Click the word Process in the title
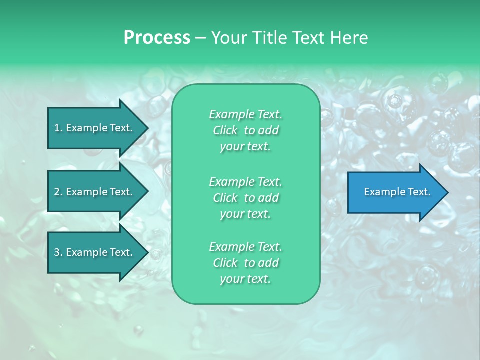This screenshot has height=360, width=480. pyautogui.click(x=157, y=38)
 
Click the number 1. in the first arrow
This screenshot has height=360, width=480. pyautogui.click(x=58, y=128)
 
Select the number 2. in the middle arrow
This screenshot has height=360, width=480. pyautogui.click(x=58, y=192)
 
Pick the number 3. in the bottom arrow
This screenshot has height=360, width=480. pyautogui.click(x=58, y=252)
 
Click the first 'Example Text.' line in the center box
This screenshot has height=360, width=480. pyautogui.click(x=245, y=114)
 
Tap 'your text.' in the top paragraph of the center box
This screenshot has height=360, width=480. pyautogui.click(x=245, y=146)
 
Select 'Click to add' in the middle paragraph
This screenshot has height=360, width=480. pyautogui.click(x=245, y=198)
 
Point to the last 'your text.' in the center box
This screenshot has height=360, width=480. pyautogui.click(x=245, y=279)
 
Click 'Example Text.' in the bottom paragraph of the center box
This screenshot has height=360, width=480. pyautogui.click(x=245, y=247)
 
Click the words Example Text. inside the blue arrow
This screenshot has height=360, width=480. pyautogui.click(x=397, y=192)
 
